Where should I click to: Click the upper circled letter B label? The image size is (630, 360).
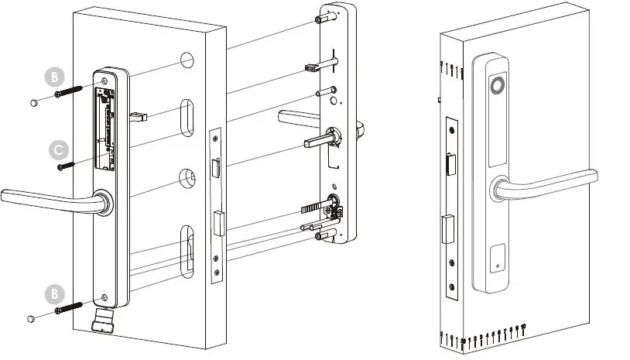click(54, 77)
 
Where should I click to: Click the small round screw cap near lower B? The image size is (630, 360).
click(32, 317)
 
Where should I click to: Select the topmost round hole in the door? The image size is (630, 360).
click(186, 60)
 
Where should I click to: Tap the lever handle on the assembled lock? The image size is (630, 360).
click(550, 180)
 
